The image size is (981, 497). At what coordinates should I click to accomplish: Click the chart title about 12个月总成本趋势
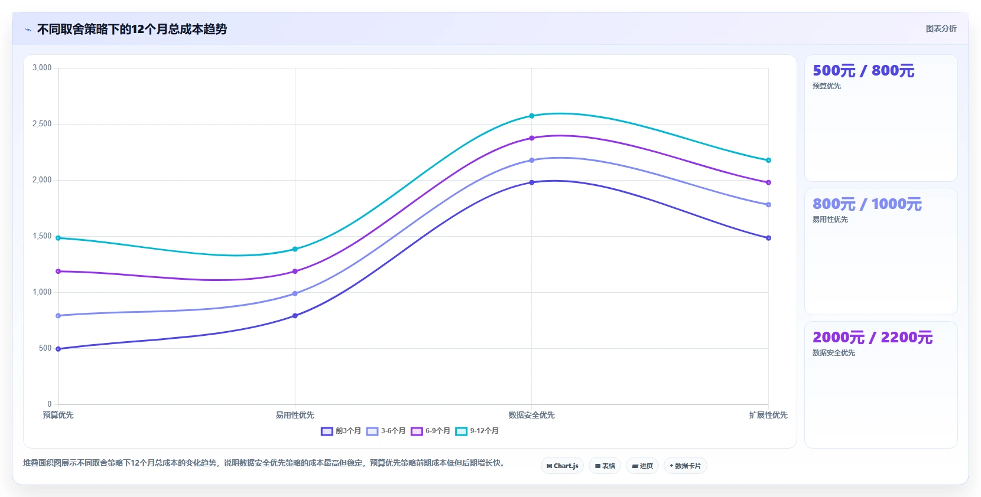coord(132,30)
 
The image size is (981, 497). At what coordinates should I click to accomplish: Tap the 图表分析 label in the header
coord(941,28)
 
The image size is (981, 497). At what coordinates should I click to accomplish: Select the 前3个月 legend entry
coord(341,431)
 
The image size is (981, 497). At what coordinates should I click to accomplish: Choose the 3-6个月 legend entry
coord(386,431)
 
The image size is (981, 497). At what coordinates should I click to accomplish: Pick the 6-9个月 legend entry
coord(430,431)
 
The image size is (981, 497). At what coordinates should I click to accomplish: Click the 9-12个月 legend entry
coord(477,431)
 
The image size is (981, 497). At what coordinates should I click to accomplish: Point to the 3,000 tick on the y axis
coord(42,68)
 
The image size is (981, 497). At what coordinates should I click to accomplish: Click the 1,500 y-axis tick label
coord(42,236)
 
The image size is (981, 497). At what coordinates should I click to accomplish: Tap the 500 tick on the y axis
coord(45,348)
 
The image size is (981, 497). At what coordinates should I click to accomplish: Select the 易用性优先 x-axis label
coord(295,415)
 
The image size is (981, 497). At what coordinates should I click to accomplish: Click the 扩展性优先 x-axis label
coord(768,415)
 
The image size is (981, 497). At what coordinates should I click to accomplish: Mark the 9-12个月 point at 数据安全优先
coord(532,116)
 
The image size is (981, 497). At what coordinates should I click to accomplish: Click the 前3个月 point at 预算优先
coord(59,349)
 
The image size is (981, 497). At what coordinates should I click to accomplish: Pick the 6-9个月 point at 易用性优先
coord(295,272)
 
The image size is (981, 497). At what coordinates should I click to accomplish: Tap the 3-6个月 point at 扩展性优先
coord(769,205)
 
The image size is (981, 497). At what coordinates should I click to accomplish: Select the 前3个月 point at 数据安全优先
coord(532,182)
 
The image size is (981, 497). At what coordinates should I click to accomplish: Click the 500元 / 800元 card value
coord(863,71)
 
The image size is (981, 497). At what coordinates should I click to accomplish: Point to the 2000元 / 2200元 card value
coord(872,338)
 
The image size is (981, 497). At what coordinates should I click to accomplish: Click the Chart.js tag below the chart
coord(563,466)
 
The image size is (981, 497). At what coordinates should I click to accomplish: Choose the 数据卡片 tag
coord(686,466)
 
